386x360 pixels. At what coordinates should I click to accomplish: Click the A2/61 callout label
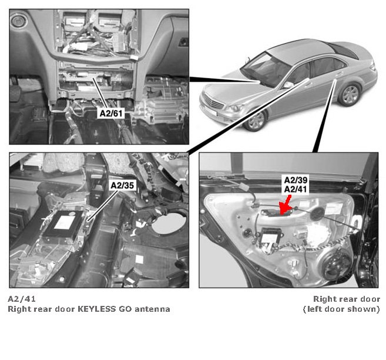pyautogui.click(x=111, y=114)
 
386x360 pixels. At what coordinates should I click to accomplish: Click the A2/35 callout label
pyautogui.click(x=122, y=185)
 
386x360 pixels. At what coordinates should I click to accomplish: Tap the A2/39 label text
pyautogui.click(x=296, y=180)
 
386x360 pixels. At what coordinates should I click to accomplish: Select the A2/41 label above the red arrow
pyautogui.click(x=296, y=189)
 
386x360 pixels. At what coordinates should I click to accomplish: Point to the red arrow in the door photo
pyautogui.click(x=285, y=205)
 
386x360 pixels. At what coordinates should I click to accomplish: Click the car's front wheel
pyautogui.click(x=256, y=121)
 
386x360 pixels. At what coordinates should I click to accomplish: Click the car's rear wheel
pyautogui.click(x=350, y=95)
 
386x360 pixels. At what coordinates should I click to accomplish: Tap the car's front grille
pyautogui.click(x=213, y=102)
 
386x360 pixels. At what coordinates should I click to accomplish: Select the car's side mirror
pyautogui.click(x=288, y=85)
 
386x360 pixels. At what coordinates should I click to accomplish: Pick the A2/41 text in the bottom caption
pyautogui.click(x=22, y=299)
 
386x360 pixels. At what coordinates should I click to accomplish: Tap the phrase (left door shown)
pyautogui.click(x=341, y=309)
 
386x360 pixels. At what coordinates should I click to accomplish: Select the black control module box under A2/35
pyautogui.click(x=63, y=224)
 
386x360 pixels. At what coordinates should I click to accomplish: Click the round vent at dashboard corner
pyautogui.click(x=18, y=21)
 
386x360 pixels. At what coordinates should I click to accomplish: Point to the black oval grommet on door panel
pyautogui.click(x=317, y=214)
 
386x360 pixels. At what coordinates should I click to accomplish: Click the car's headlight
pyautogui.click(x=235, y=108)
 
